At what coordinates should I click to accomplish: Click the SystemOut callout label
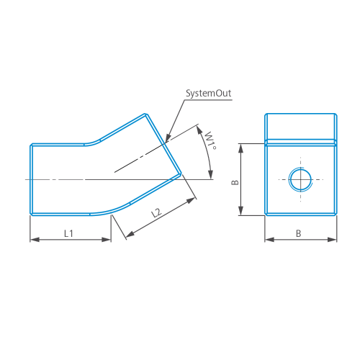click(x=209, y=94)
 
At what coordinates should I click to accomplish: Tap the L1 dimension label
click(x=68, y=233)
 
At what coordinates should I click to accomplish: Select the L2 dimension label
click(x=157, y=212)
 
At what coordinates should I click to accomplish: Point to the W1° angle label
click(x=211, y=140)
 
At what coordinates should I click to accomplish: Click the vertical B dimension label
click(x=235, y=182)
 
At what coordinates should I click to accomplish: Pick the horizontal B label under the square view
click(x=298, y=233)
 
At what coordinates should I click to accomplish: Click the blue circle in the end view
click(x=300, y=179)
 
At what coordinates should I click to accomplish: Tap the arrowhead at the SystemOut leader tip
click(x=168, y=138)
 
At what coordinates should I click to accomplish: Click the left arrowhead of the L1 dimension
click(x=35, y=240)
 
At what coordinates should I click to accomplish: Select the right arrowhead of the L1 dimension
click(x=107, y=240)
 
